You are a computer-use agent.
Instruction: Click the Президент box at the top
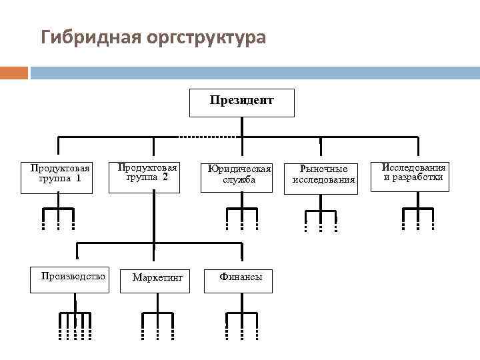point(241,102)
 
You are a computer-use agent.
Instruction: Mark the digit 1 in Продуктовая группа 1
point(78,179)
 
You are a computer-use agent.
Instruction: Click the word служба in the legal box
point(239,180)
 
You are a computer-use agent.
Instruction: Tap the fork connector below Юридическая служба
point(241,217)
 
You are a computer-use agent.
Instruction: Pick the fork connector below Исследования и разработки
point(418,217)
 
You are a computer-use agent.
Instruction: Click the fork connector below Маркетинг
point(157,323)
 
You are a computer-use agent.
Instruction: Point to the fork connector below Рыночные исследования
point(321,219)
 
